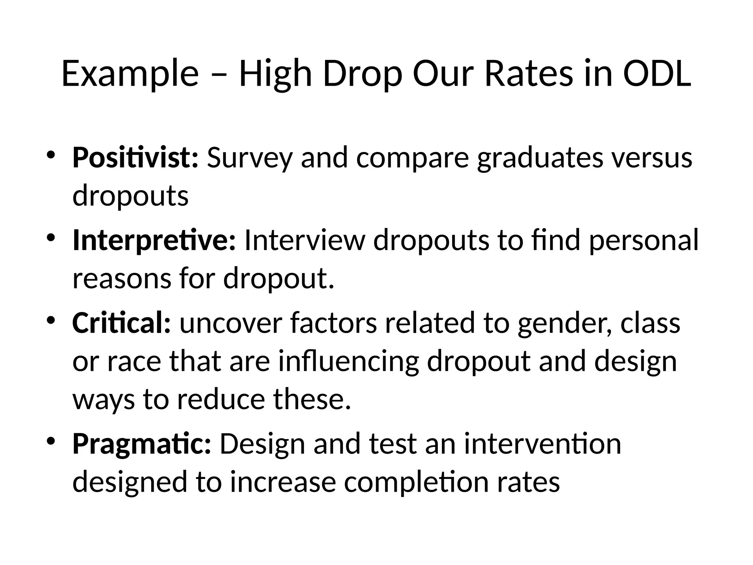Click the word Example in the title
click(x=130, y=74)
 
